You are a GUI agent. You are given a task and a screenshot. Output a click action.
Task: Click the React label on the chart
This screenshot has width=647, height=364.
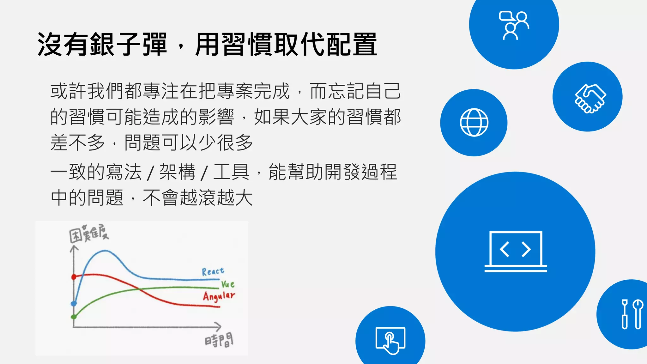(213, 271)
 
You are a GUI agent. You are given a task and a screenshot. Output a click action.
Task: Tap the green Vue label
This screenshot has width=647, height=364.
(228, 284)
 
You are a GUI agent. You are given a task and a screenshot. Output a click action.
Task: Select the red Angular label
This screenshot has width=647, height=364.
(219, 296)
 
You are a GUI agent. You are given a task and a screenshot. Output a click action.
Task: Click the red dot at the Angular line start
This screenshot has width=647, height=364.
(74, 277)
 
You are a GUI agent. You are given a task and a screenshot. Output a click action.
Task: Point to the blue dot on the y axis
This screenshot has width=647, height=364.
(74, 303)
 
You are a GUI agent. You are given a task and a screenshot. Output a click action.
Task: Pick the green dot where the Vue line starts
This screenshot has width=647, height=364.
(74, 317)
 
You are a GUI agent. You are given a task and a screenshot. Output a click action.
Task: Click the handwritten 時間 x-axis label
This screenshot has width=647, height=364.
(219, 340)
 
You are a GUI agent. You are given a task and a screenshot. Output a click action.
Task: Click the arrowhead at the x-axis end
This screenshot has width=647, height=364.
(218, 327)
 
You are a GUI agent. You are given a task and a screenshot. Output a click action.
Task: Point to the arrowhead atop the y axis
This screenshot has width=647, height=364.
(74, 249)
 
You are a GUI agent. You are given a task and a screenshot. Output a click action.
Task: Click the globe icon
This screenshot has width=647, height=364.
(474, 123)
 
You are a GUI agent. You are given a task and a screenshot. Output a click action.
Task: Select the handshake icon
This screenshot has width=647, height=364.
(590, 98)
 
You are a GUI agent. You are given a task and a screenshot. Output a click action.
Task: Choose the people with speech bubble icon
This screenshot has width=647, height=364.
(514, 25)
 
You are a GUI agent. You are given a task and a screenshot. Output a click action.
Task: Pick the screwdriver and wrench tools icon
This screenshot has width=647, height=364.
(632, 314)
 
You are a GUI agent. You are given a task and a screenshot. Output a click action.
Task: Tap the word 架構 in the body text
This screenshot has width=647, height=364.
(177, 172)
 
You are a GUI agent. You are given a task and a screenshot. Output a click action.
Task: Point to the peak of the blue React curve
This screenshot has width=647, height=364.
(104, 251)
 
